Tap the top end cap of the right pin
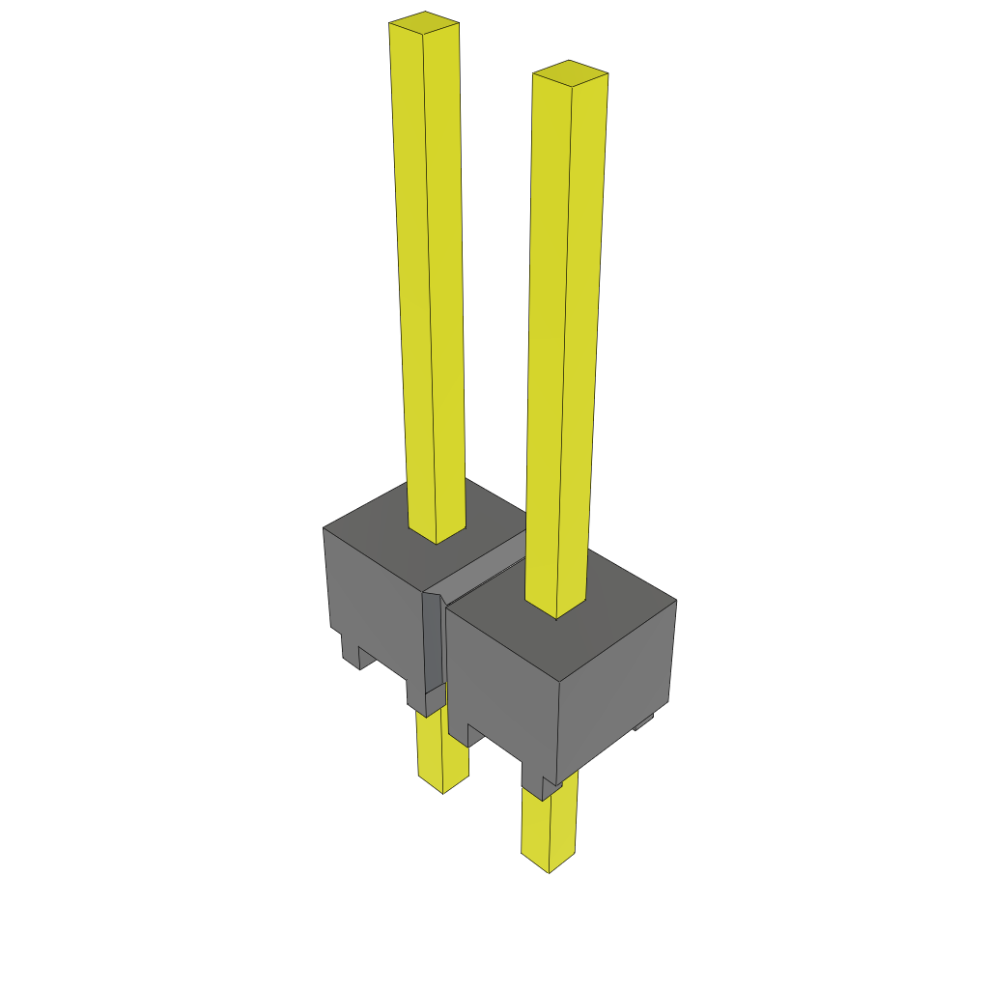tap(570, 72)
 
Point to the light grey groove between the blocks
tap(483, 570)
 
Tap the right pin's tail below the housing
tap(549, 826)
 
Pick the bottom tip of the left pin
tap(442, 787)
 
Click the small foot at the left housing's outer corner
tap(350, 652)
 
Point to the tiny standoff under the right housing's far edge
tap(643, 721)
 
